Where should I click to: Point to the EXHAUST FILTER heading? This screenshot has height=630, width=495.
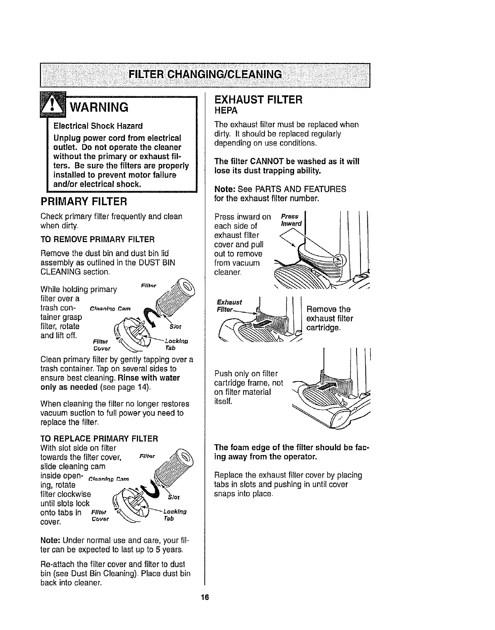coord(259,99)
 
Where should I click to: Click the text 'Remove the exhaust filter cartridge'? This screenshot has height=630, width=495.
coord(329,319)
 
